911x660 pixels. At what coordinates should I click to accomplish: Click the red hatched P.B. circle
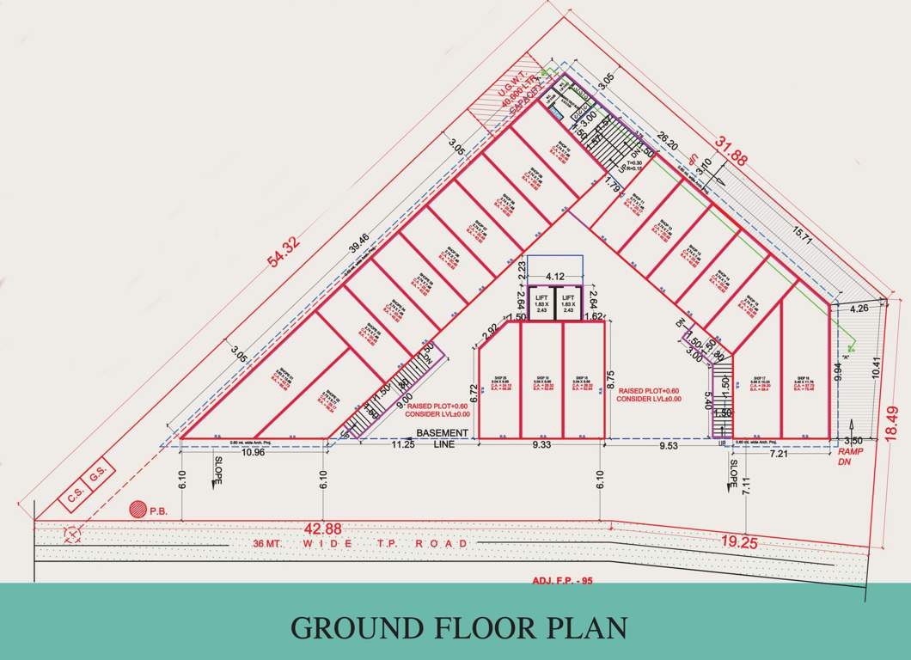[x=137, y=510]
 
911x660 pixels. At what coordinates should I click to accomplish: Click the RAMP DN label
[x=850, y=455]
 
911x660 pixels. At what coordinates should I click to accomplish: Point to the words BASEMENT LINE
[x=443, y=438]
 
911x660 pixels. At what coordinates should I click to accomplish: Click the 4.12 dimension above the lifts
[x=554, y=277]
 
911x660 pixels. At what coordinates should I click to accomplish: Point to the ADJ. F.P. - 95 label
[x=563, y=581]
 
